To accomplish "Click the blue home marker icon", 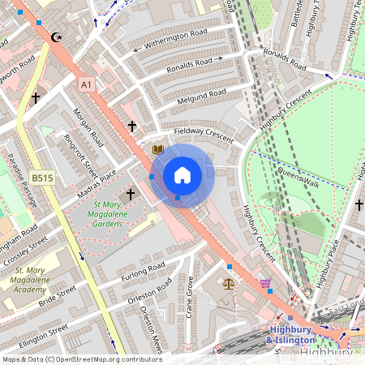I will (x=182, y=175).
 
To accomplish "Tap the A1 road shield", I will (x=87, y=84).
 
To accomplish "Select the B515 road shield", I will (x=43, y=178).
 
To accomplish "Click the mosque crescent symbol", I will (x=56, y=37).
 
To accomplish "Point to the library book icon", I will (x=158, y=149).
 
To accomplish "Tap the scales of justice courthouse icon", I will (x=228, y=285).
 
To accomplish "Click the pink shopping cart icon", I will (x=265, y=284).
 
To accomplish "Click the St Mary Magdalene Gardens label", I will (x=113, y=214).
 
